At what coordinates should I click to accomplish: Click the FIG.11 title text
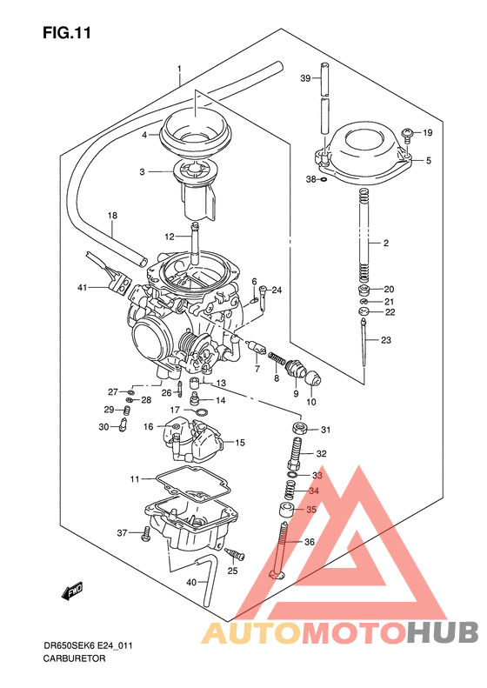click(66, 33)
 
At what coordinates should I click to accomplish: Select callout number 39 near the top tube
click(305, 78)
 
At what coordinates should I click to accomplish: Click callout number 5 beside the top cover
click(427, 160)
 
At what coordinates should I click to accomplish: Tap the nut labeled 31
click(297, 430)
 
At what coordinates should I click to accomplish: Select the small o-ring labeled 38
click(324, 180)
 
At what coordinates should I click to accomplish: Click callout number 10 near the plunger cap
click(311, 402)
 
